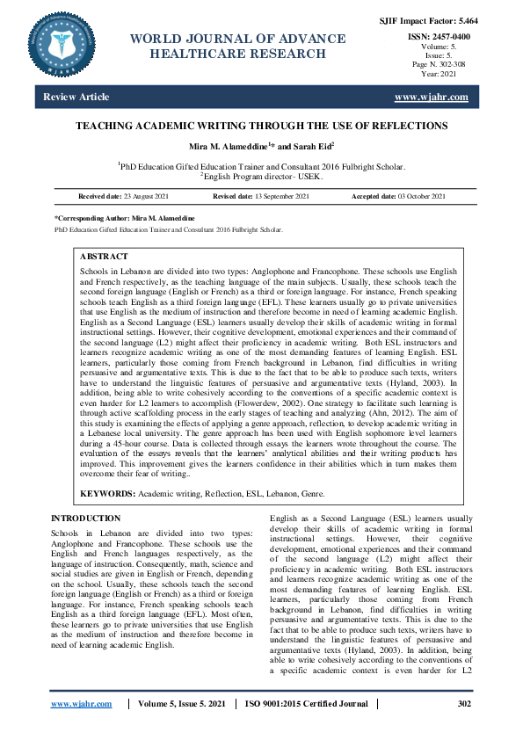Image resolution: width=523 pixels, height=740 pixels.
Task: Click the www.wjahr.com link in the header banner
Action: pyautogui.click(x=432, y=97)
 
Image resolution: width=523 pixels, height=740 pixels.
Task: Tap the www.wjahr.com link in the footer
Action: pyautogui.click(x=81, y=704)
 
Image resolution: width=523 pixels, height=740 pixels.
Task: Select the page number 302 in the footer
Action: pyautogui.click(x=464, y=704)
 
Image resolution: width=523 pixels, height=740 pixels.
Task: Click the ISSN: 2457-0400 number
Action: pyautogui.click(x=439, y=37)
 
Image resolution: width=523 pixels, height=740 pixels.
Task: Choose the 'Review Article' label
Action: pyautogui.click(x=76, y=97)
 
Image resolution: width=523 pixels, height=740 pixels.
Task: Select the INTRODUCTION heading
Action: pyautogui.click(x=86, y=519)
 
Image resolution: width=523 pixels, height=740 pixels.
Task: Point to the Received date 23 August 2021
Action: pyautogui.click(x=130, y=195)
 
